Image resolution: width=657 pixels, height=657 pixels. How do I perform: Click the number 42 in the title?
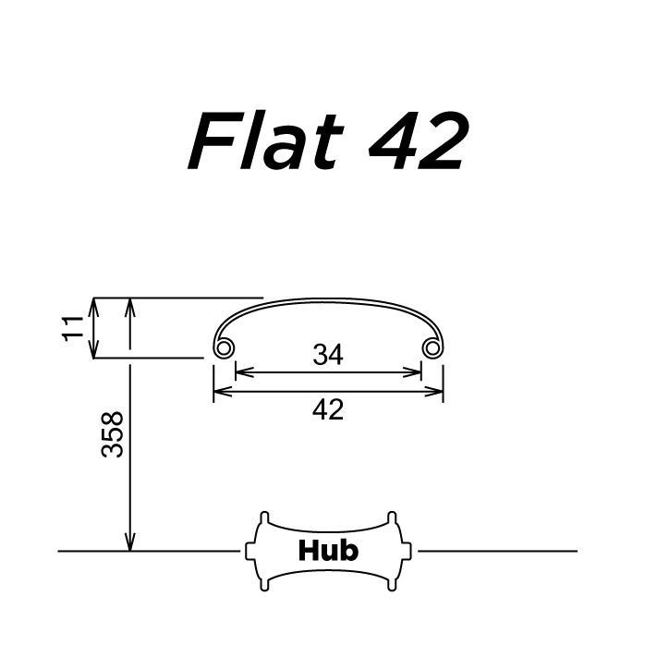[x=417, y=143]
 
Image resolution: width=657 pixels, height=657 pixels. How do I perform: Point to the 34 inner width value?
[x=328, y=355]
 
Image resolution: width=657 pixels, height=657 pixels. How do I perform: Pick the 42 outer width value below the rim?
[x=328, y=409]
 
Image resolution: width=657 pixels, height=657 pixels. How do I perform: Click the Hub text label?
[x=328, y=551]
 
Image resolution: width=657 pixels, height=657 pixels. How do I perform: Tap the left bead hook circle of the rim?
[x=223, y=347]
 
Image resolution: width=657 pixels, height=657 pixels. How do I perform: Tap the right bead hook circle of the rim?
[x=432, y=347]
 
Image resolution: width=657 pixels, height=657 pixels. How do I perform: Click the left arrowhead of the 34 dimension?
[x=241, y=372]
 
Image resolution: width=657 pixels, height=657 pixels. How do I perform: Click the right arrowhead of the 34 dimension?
[x=416, y=372]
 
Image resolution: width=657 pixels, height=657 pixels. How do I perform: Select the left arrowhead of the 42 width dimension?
[x=219, y=392]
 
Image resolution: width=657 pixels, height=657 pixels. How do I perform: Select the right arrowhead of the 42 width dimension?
[x=437, y=392]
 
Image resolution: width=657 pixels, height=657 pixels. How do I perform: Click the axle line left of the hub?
[x=148, y=551]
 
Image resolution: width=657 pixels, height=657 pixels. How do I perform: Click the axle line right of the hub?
[x=499, y=551]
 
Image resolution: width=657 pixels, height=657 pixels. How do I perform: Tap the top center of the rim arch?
[x=328, y=299]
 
